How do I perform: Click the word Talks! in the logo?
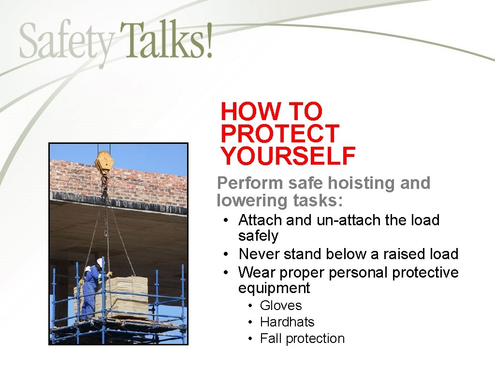165,40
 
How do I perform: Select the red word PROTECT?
280,134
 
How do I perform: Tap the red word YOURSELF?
288,156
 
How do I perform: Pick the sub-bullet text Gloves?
280,306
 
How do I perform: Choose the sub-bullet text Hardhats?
287,322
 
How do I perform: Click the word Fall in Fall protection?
271,339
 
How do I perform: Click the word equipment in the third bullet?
274,288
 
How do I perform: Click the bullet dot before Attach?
226,220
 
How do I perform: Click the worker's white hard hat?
100,262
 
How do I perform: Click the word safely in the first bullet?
258,236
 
